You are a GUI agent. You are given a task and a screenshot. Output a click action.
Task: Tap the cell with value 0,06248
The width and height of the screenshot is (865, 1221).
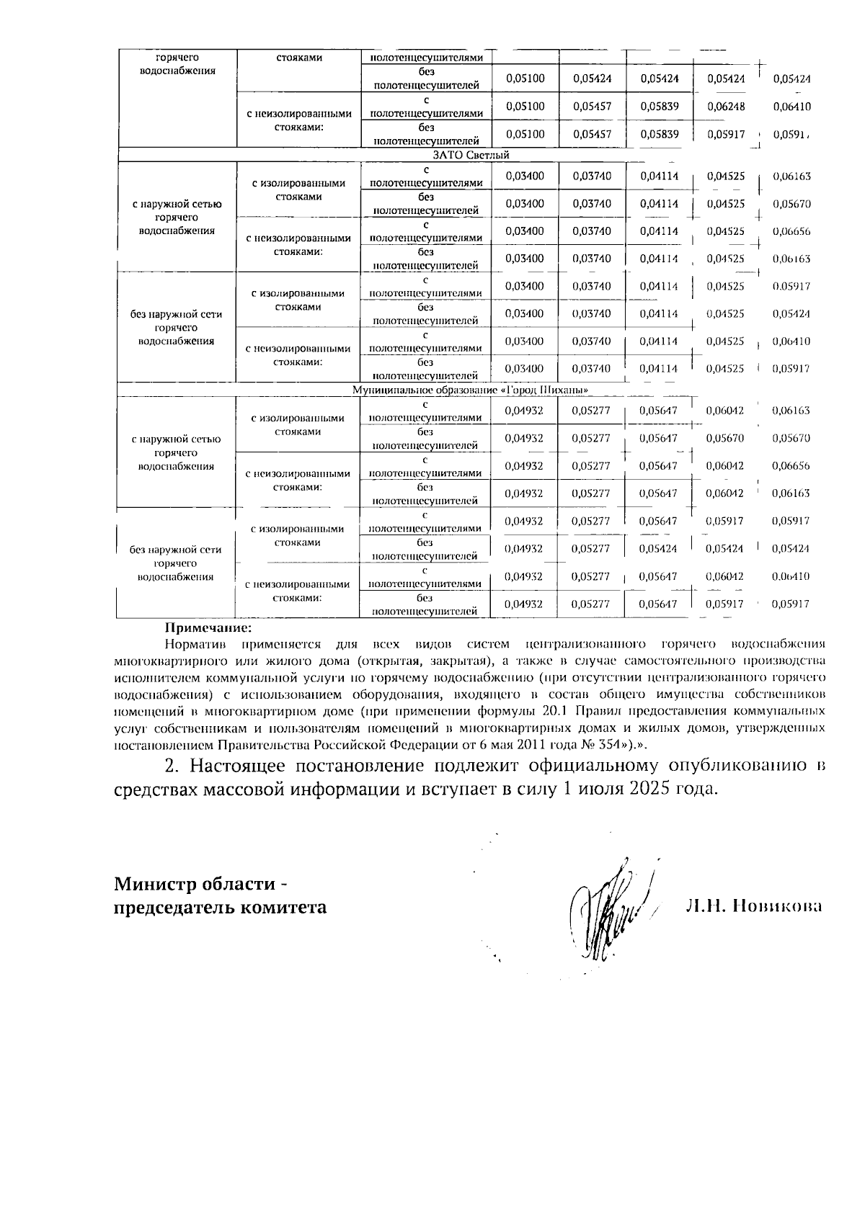pyautogui.click(x=724, y=107)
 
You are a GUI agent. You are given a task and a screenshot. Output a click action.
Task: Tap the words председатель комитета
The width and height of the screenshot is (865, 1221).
pyautogui.click(x=220, y=907)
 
